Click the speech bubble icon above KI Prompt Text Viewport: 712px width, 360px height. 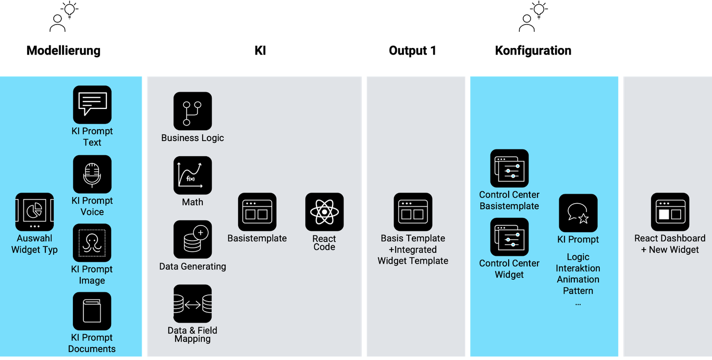[x=92, y=105]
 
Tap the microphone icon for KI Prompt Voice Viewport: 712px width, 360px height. [x=92, y=174]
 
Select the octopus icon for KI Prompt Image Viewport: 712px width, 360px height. [x=92, y=243]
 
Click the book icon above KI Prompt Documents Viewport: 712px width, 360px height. [x=92, y=311]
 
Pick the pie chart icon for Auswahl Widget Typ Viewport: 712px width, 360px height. [x=34, y=212]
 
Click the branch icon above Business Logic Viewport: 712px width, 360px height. [x=193, y=111]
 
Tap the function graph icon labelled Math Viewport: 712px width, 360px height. [x=193, y=176]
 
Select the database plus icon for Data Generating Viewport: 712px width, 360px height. [x=193, y=240]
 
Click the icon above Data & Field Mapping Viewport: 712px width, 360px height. [x=193, y=304]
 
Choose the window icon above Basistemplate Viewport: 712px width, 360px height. [x=257, y=212]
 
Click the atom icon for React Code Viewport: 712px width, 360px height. [x=324, y=212]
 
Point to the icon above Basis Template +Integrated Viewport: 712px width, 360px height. [x=413, y=212]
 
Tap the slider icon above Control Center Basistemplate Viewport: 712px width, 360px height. [x=509, y=168]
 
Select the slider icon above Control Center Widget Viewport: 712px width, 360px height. [x=509, y=237]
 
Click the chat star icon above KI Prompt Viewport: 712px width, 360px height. [x=578, y=213]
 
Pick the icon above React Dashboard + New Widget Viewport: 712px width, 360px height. [x=670, y=212]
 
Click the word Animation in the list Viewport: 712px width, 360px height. [x=578, y=279]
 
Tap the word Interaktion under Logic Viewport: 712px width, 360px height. [x=578, y=268]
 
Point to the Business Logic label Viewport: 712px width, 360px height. [x=192, y=138]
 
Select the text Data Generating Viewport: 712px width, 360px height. [x=192, y=267]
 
